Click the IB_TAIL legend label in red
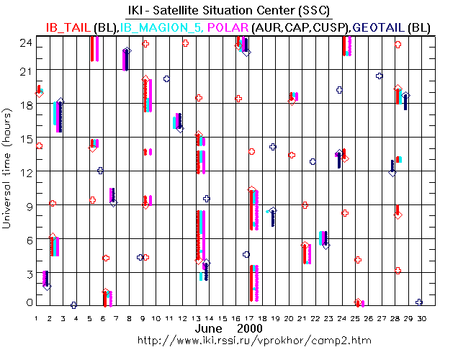pyautogui.click(x=70, y=27)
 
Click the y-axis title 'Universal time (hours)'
pyautogui.click(x=8, y=173)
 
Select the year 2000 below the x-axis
pyautogui.click(x=249, y=328)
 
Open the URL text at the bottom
pyautogui.click(x=228, y=340)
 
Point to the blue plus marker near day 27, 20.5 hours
pyautogui.click(x=380, y=76)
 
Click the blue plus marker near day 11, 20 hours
pyautogui.click(x=167, y=79)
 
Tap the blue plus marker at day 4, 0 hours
pyautogui.click(x=74, y=305)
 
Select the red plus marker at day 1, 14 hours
pyautogui.click(x=39, y=146)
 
